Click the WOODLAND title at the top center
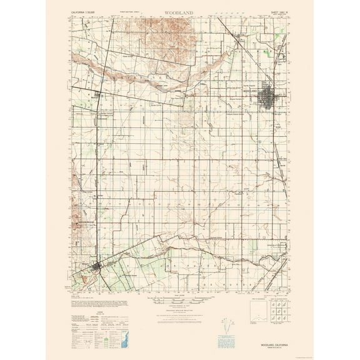181,12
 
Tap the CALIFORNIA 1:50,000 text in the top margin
86,13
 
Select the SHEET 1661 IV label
271,13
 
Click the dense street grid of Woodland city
272,98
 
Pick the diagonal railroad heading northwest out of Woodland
247,53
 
